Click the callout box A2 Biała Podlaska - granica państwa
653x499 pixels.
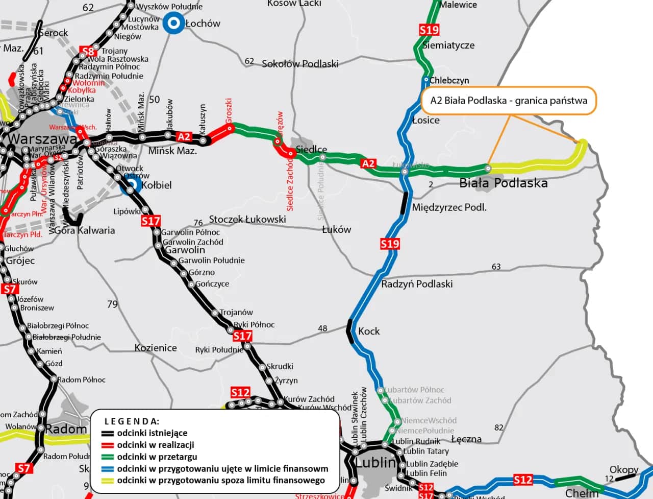pyautogui.click(x=509, y=101)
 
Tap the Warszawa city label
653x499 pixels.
pyautogui.click(x=42, y=138)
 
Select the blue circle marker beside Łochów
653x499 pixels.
pyautogui.click(x=173, y=23)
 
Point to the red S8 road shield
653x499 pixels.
pyautogui.click(x=88, y=52)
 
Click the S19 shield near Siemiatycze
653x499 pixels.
pyautogui.click(x=429, y=30)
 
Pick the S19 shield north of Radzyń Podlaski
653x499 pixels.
pyautogui.click(x=390, y=244)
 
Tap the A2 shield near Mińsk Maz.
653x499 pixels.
pyautogui.click(x=184, y=137)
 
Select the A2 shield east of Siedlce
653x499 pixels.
pyautogui.click(x=368, y=163)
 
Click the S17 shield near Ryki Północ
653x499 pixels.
pyautogui.click(x=242, y=336)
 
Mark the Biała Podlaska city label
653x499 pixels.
pyautogui.click(x=503, y=183)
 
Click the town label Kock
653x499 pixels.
pyautogui.click(x=369, y=331)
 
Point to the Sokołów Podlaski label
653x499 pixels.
pyautogui.click(x=300, y=64)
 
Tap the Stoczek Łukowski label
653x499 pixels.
pyautogui.click(x=247, y=220)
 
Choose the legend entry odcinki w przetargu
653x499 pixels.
pyautogui.click(x=157, y=457)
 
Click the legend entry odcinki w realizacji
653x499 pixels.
pyautogui.click(x=155, y=445)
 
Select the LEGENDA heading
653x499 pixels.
pyautogui.click(x=132, y=421)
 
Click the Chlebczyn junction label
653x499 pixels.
pyautogui.click(x=449, y=80)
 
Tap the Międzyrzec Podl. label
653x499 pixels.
pyautogui.click(x=449, y=207)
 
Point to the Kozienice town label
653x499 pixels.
pyautogui.click(x=156, y=348)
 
